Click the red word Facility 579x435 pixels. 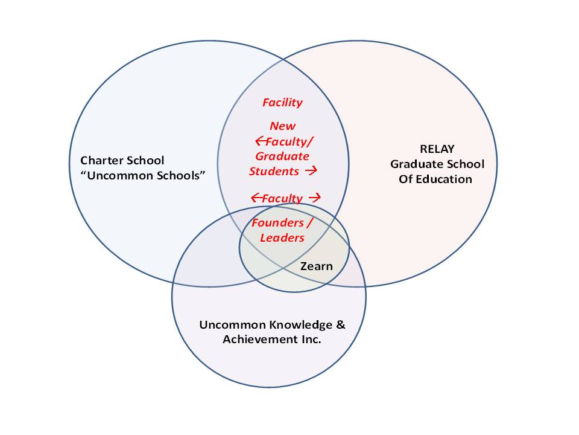click(282, 103)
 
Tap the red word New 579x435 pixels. click(282, 126)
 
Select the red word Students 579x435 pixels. click(274, 171)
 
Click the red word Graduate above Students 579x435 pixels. click(279, 156)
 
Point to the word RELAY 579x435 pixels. click(435, 149)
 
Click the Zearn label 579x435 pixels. click(316, 266)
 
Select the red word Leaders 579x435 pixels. click(282, 237)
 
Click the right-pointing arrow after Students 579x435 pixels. click(311, 171)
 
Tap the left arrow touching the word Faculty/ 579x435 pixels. click(261, 141)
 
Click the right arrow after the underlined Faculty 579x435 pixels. click(314, 198)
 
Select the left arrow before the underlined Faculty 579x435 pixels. click(256, 198)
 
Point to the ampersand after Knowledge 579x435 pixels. click(341, 325)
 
